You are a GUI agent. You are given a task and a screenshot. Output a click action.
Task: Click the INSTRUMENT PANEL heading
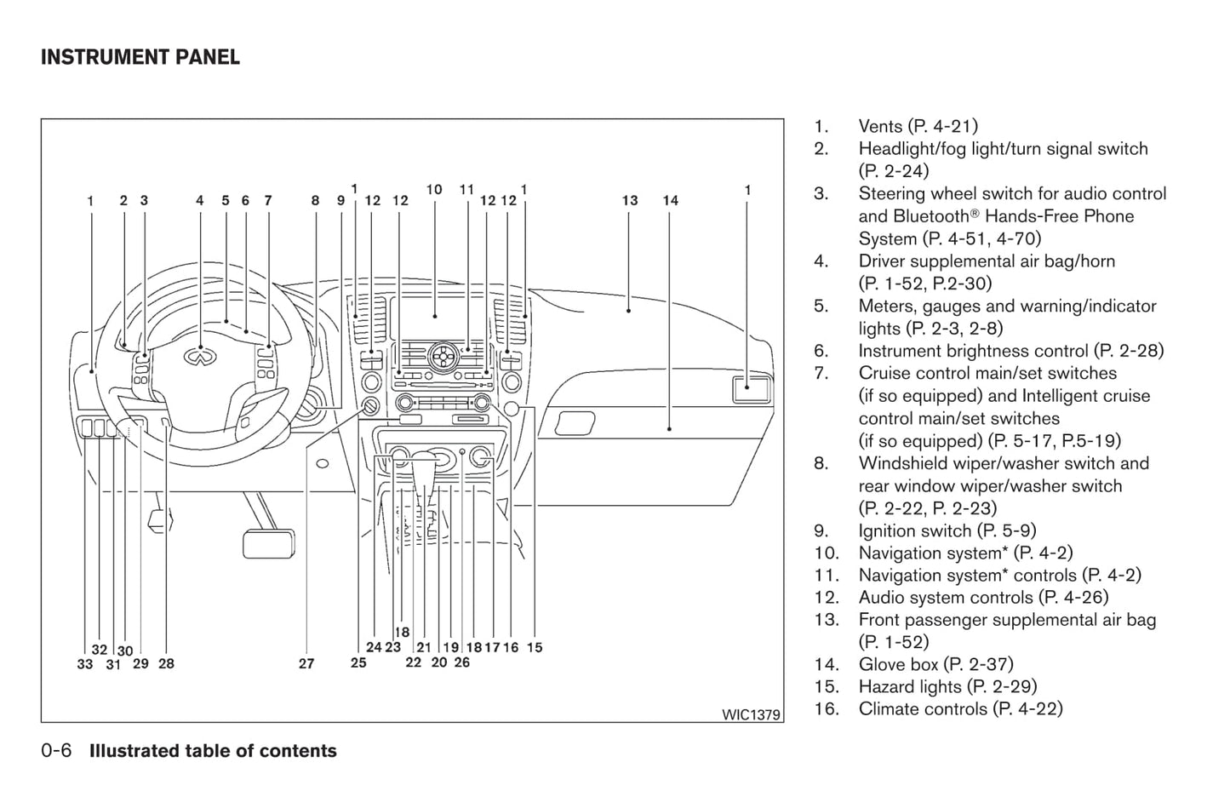click(x=140, y=57)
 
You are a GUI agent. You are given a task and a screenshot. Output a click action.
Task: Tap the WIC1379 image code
click(x=751, y=714)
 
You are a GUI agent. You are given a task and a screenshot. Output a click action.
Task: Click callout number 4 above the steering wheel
click(x=200, y=201)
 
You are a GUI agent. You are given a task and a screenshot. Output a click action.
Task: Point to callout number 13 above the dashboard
click(x=629, y=201)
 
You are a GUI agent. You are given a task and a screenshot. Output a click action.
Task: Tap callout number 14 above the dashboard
click(x=671, y=201)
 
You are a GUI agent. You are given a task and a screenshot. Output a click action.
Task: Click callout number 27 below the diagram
click(x=306, y=664)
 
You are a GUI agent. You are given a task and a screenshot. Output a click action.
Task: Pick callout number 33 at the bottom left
click(x=84, y=664)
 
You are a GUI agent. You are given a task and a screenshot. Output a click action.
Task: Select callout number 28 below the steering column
click(x=166, y=664)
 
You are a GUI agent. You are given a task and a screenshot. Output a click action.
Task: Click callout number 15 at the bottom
click(x=535, y=647)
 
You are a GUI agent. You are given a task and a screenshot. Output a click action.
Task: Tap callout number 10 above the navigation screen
click(x=434, y=190)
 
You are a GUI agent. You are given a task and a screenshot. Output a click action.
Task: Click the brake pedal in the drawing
click(x=268, y=543)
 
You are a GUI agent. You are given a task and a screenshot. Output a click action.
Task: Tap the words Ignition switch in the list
click(x=915, y=530)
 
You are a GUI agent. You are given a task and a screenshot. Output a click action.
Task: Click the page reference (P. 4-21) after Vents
click(x=942, y=126)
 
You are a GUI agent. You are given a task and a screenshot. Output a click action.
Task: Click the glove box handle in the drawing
click(x=575, y=423)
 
